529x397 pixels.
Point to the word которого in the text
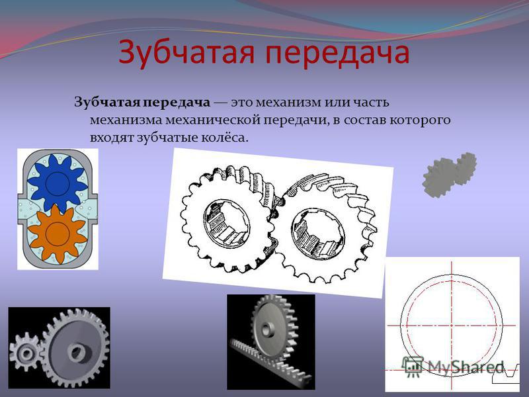pyautogui.click(x=420, y=120)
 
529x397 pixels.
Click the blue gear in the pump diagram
pyautogui.click(x=58, y=183)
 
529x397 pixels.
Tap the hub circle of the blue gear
pyautogui.click(x=58, y=183)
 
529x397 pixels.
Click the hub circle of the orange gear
pyautogui.click(x=58, y=234)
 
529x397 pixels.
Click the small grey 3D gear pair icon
pyautogui.click(x=450, y=174)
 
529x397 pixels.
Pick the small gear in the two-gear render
pyautogui.click(x=24, y=352)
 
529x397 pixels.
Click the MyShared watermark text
pyautogui.click(x=466, y=367)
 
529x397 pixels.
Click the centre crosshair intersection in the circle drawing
pyautogui.click(x=452, y=326)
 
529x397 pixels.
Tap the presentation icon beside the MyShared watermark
pyautogui.click(x=413, y=366)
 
